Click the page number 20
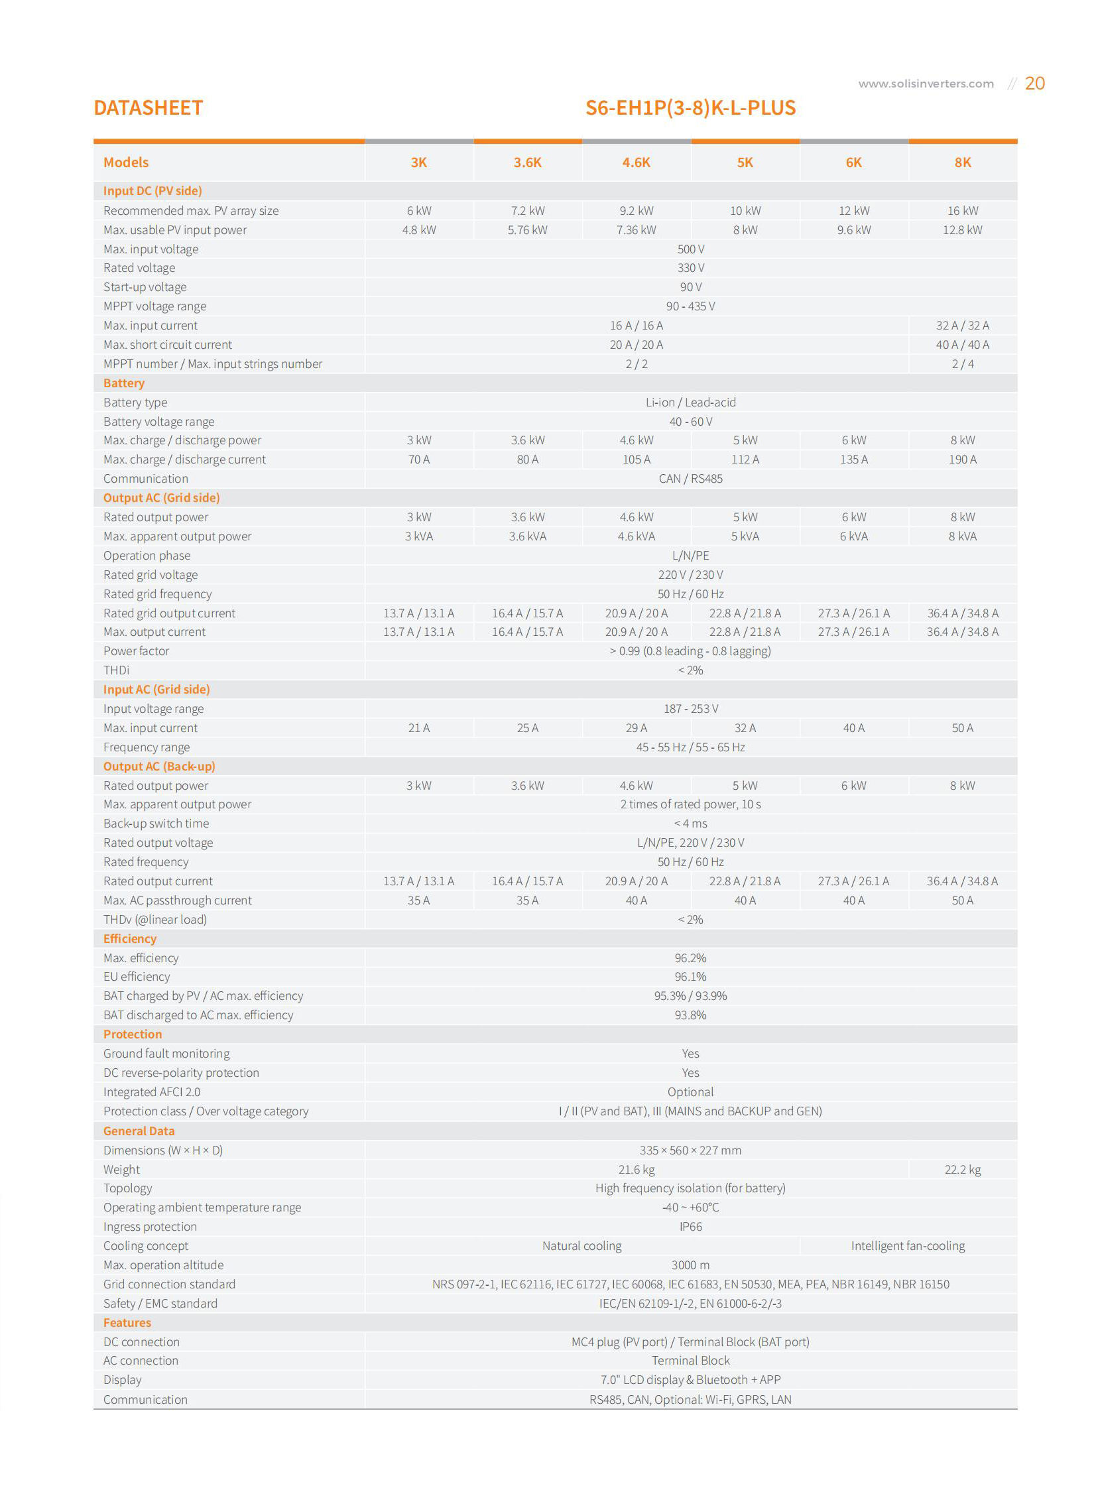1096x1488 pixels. coord(1034,83)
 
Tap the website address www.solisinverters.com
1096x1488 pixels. coord(926,84)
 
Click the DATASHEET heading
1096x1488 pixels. coord(148,107)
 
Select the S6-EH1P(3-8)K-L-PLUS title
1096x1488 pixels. coord(690,107)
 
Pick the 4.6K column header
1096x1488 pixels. coord(637,162)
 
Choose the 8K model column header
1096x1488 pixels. coord(963,162)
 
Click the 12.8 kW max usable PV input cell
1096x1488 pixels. coord(963,230)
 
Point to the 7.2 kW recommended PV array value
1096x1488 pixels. coord(527,211)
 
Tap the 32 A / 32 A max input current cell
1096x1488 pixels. coord(963,326)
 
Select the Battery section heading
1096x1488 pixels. coord(124,383)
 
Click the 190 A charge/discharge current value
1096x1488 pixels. coord(963,460)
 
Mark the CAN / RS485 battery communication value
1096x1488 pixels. coord(691,479)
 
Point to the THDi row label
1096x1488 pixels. coord(116,670)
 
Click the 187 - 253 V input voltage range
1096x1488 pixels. coord(691,709)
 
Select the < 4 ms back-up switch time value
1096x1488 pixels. coord(691,824)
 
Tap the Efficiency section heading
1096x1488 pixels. coord(130,939)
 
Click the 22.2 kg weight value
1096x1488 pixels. coord(963,1170)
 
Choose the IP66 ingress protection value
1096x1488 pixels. coord(691,1227)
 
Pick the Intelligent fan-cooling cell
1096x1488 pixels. coord(908,1246)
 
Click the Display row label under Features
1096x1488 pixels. coord(123,1380)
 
